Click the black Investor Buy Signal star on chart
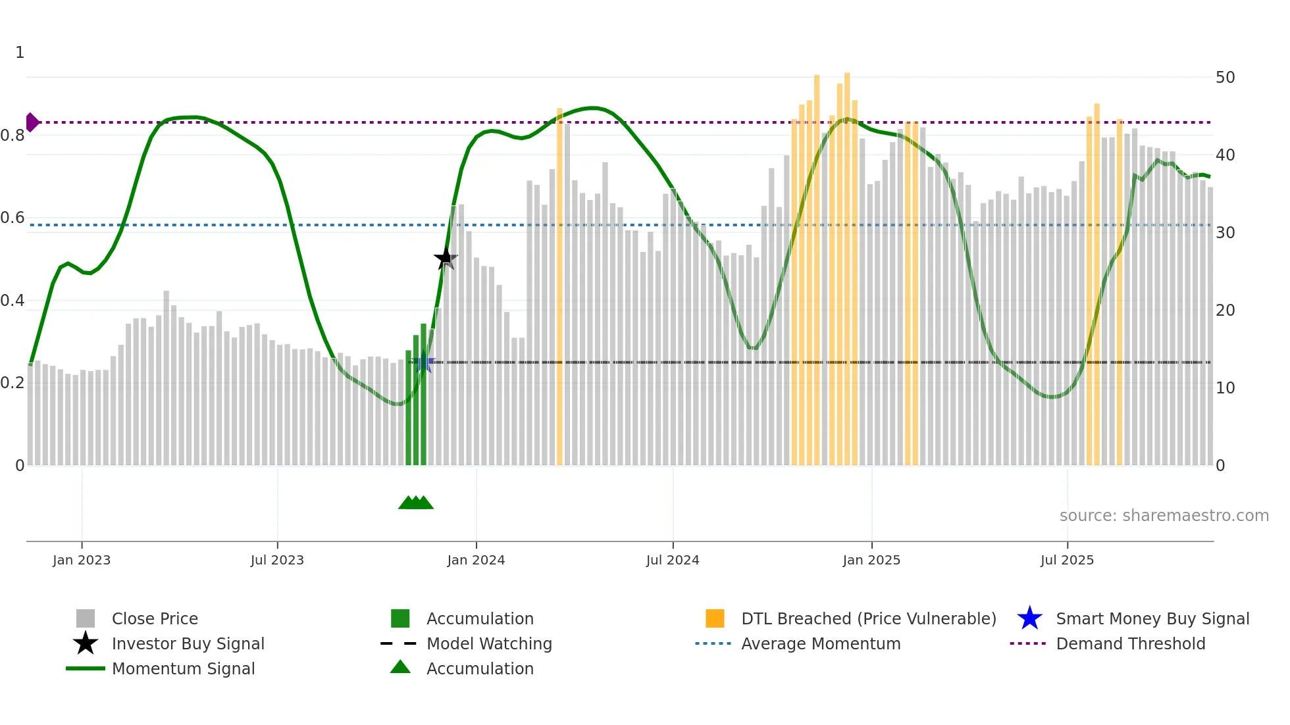click(446, 258)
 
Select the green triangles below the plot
click(416, 503)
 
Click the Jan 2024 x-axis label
click(476, 560)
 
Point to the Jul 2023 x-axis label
click(277, 560)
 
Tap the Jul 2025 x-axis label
click(1067, 560)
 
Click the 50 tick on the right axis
click(1225, 78)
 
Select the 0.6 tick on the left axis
click(13, 218)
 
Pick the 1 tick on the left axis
click(20, 53)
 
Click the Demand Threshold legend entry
click(1130, 643)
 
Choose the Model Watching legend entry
click(489, 643)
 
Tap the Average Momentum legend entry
click(820, 643)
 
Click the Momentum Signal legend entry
click(183, 668)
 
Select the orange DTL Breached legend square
click(715, 618)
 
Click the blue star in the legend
click(1029, 618)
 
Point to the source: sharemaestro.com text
click(1164, 516)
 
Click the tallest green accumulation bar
click(423, 395)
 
